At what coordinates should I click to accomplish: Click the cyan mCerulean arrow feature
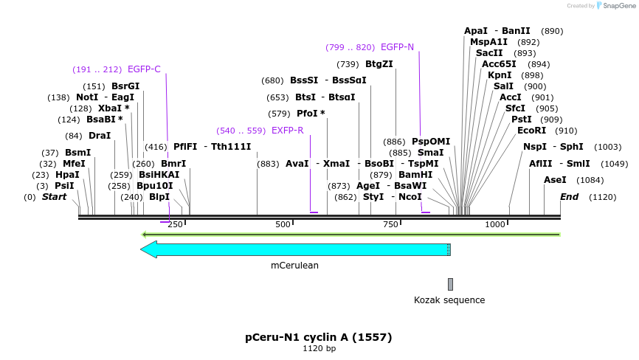coord(295,249)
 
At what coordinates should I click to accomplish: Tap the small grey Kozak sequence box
coord(450,284)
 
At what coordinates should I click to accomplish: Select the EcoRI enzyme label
coord(531,131)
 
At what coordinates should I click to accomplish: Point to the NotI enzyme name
coord(86,97)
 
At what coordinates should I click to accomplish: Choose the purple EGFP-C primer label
coord(144,69)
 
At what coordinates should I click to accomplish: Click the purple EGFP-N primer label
coord(397,47)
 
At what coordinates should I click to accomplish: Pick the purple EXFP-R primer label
coord(287,131)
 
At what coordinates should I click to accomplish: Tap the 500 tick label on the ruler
coord(283,224)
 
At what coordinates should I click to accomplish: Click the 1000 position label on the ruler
coord(495,224)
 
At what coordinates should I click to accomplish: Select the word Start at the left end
coord(54,197)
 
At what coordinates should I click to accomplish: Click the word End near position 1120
coord(569,197)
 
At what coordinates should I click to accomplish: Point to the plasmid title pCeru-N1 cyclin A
coord(319,337)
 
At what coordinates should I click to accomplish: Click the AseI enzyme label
coord(555,180)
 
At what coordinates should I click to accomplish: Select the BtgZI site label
coord(379,64)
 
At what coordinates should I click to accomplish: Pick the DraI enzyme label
coord(99,136)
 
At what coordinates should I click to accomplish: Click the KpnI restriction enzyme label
coord(500,75)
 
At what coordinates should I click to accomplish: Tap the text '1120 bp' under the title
coord(319,349)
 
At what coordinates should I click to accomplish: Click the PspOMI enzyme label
coord(431,142)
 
